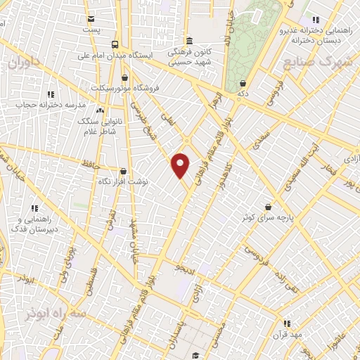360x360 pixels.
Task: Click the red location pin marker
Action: coord(181,165)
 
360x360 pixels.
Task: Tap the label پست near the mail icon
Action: coord(91,30)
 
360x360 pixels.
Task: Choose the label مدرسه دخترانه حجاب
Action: coord(51,105)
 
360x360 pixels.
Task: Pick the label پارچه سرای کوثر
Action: coord(268,217)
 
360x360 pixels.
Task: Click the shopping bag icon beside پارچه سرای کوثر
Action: coord(269,207)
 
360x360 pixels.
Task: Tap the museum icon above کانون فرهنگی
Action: coord(189,40)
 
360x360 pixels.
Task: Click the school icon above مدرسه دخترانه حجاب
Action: coord(51,94)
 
